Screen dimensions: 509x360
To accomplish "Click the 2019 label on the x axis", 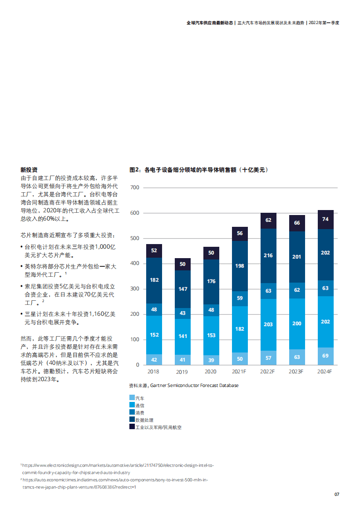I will pos(182,372).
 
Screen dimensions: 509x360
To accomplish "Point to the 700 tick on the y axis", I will pos(135,188).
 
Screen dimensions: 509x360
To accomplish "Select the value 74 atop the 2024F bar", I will pos(325,219).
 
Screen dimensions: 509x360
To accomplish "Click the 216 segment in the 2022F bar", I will pos(268,255).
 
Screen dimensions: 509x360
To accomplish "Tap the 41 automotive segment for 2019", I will pos(182,360).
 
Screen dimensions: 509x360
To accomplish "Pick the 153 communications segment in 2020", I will pos(211,335).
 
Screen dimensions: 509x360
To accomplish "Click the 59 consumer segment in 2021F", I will pos(240,299).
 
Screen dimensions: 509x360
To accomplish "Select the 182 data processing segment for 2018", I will pos(154,280).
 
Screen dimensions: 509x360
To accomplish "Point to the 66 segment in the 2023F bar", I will pos(297,223).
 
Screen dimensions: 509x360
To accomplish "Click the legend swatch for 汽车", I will pos(132,398).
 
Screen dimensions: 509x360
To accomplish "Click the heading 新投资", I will pos(29,170).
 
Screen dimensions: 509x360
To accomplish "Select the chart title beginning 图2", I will pos(199,170).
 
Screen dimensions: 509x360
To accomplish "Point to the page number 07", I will pos(336,494).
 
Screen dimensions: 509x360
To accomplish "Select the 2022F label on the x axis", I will pos(268,372).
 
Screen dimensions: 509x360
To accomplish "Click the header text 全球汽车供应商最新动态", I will pos(210,22).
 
